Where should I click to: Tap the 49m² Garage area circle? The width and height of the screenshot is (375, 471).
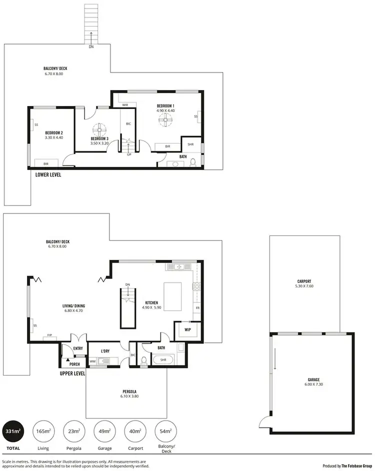click(105, 431)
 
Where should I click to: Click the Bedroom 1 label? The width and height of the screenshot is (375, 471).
click(165, 106)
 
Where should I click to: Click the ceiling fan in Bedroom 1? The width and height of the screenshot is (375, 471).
click(165, 119)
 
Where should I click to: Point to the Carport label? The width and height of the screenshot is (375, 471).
click(303, 281)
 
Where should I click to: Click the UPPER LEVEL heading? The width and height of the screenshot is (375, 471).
click(72, 373)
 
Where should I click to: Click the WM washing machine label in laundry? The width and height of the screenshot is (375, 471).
click(92, 360)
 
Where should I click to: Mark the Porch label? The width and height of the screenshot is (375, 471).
click(74, 364)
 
